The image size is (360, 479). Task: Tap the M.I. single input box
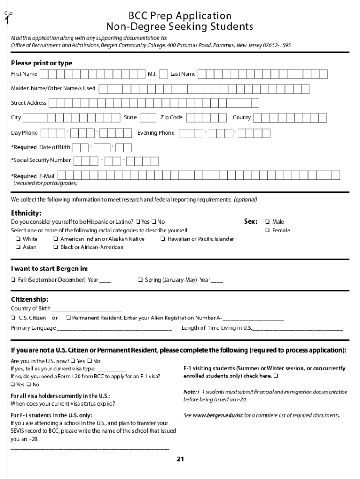(x=164, y=74)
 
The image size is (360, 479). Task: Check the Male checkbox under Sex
(x=267, y=222)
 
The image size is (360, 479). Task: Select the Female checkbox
(x=267, y=230)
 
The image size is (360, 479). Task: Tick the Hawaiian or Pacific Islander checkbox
(x=163, y=239)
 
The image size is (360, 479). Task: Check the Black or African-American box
(x=56, y=247)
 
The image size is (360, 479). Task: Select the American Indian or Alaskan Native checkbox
(x=56, y=239)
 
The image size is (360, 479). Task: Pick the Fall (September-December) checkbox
(x=14, y=280)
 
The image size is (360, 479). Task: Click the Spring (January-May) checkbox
(x=140, y=280)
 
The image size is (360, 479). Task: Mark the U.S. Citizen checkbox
(x=14, y=318)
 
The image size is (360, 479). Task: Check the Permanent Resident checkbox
(x=68, y=318)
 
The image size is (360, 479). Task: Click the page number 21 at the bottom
(x=180, y=459)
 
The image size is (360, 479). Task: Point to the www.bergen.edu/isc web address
(x=218, y=415)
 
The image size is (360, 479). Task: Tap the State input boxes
(x=148, y=118)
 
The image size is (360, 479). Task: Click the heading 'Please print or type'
(x=42, y=63)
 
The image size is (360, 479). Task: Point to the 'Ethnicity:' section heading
(x=26, y=213)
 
